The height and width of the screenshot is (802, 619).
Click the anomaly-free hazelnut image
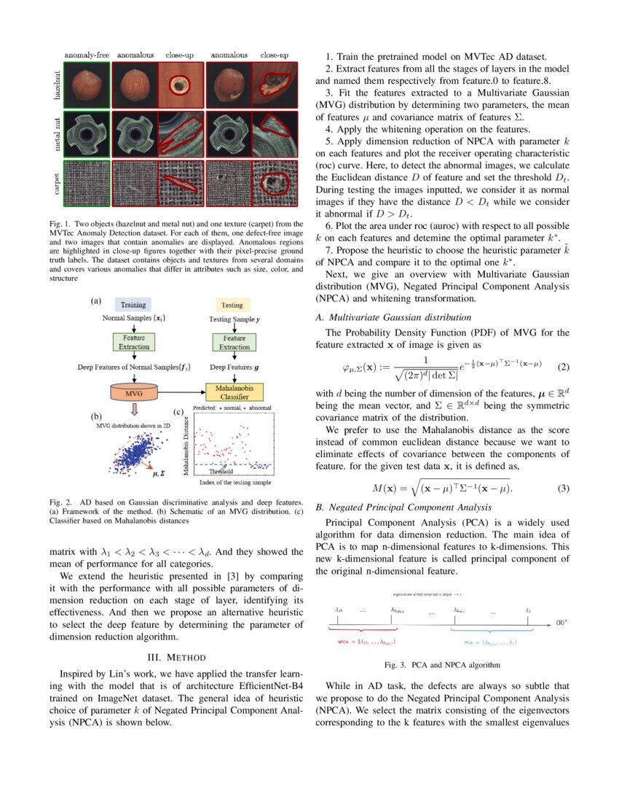[x=87, y=85]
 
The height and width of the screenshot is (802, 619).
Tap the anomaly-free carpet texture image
[x=87, y=179]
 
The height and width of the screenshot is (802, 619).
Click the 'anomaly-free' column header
[x=87, y=55]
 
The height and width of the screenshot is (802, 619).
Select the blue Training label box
[x=133, y=305]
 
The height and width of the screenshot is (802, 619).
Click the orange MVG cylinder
[x=133, y=393]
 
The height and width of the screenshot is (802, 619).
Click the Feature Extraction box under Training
[x=133, y=343]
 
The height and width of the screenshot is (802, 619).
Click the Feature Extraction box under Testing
[x=234, y=343]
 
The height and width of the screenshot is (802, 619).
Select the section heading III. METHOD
[x=176, y=658]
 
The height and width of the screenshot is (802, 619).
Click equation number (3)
[x=563, y=488]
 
